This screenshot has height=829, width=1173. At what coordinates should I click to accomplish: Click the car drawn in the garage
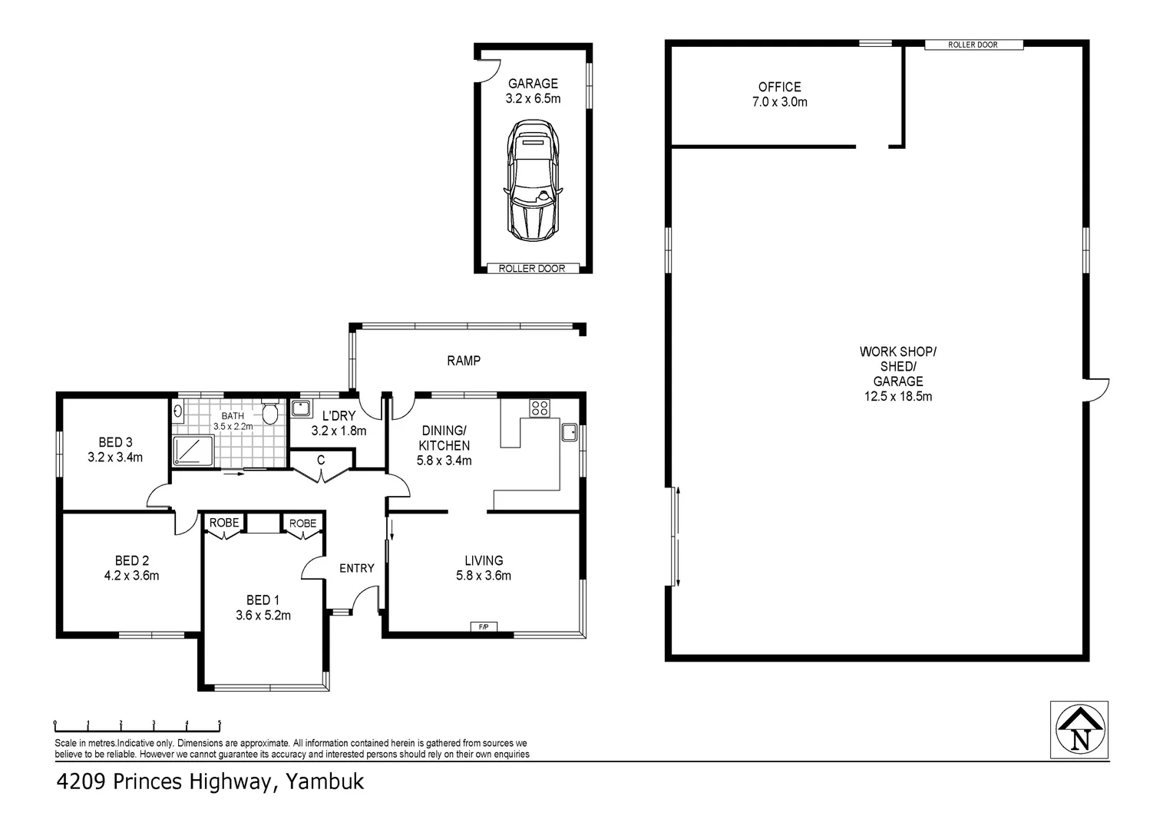(533, 180)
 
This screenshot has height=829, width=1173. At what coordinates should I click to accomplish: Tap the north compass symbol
(1079, 729)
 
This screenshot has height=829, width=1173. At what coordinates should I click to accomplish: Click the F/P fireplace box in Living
(484, 626)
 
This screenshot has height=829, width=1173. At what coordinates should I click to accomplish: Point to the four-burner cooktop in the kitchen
(540, 408)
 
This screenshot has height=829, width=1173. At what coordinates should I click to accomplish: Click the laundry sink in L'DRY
(302, 408)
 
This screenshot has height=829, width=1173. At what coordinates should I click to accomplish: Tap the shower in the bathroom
(193, 451)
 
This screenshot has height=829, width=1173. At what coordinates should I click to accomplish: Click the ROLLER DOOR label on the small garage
(532, 269)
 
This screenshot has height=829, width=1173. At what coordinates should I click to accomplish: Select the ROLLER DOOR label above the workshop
(973, 45)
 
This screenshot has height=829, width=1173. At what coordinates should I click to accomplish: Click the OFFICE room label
(780, 87)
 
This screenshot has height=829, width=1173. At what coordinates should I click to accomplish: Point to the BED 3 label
(115, 443)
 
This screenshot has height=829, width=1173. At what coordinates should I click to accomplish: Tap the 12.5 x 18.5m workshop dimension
(898, 396)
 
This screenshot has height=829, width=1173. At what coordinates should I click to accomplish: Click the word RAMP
(464, 360)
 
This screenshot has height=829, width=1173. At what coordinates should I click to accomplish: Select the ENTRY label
(357, 568)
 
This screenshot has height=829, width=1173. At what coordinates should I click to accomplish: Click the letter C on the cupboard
(321, 460)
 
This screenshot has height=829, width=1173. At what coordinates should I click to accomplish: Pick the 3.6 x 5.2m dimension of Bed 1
(263, 616)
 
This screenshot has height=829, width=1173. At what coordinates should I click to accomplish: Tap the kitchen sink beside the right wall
(569, 433)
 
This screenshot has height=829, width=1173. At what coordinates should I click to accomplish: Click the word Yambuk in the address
(325, 782)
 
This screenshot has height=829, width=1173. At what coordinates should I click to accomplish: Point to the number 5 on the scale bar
(220, 723)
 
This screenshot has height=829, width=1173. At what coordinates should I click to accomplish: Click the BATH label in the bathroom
(233, 416)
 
